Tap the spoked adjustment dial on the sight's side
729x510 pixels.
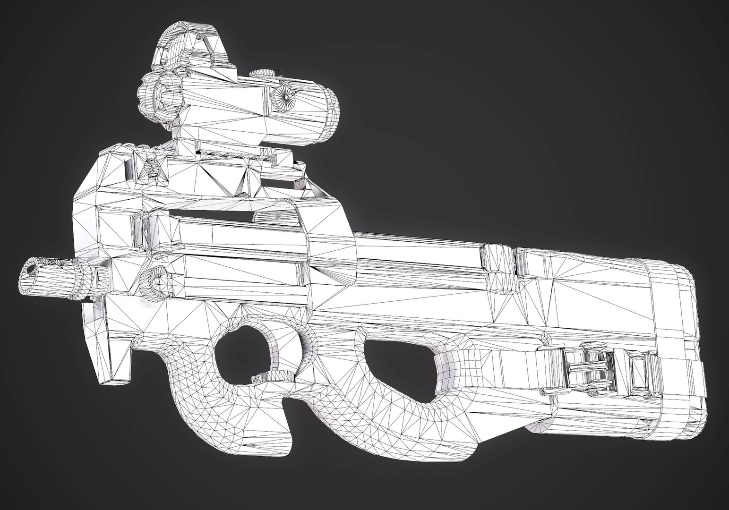[x=285, y=96]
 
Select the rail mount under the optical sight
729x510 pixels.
[x=227, y=156]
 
